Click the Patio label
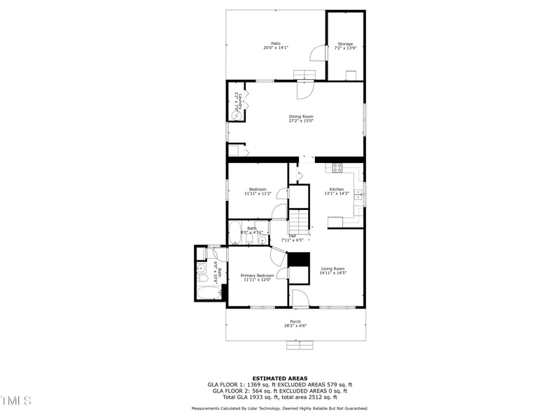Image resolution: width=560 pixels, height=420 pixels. [276, 43]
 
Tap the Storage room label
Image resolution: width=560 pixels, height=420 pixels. [345, 43]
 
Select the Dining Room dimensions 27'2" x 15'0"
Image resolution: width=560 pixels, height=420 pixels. [301, 121]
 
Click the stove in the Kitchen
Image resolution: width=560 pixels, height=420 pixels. [337, 168]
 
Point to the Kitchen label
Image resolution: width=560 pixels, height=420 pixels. [337, 189]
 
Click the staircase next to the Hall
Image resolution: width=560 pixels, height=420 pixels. [299, 218]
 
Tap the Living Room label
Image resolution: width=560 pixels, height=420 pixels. [333, 269]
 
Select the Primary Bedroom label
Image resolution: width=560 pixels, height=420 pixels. [257, 275]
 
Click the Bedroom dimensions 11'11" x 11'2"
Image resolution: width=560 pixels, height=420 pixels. [258, 194]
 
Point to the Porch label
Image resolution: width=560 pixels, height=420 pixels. [295, 321]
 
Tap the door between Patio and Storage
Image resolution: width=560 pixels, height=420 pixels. [318, 54]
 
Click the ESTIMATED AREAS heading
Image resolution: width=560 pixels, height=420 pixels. [280, 378]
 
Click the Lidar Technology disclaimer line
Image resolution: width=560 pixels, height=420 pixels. [280, 408]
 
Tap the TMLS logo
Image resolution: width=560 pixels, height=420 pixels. [15, 400]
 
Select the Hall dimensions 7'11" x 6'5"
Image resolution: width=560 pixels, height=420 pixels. [292, 240]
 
